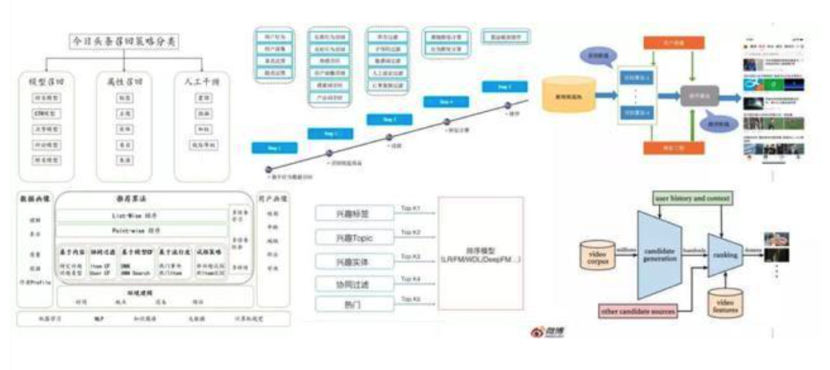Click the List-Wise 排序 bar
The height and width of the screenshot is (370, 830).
tap(141, 216)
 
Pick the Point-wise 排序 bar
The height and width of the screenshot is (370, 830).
tap(141, 230)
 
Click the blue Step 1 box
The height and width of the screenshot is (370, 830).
tap(273, 148)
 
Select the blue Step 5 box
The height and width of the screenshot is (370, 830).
tap(503, 86)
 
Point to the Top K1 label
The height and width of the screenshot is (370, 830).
tap(411, 209)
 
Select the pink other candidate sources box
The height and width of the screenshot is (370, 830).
tap(637, 310)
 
